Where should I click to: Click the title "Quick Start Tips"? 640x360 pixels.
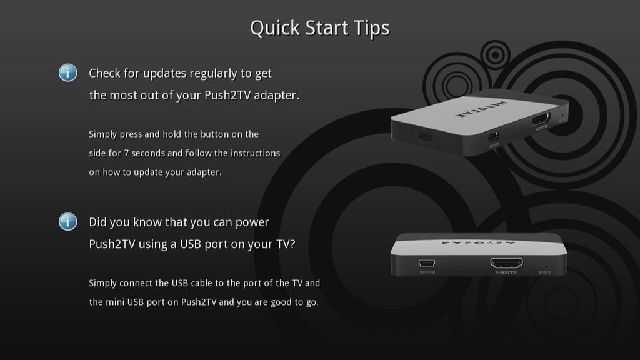pos(319,28)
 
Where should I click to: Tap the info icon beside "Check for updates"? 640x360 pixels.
pos(68,72)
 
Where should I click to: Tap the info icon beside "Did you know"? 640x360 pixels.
pos(68,221)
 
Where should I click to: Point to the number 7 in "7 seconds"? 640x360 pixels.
pos(135,153)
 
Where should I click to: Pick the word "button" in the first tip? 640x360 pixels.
pos(225,134)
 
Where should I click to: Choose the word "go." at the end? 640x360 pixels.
pos(310,302)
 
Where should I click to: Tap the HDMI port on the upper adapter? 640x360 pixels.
pos(540,119)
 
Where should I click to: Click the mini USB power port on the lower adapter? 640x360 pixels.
pos(427,263)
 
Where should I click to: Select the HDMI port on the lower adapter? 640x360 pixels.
pos(506,263)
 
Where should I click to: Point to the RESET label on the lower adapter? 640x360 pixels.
pos(545,273)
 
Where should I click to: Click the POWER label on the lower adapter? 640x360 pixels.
pos(427,272)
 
